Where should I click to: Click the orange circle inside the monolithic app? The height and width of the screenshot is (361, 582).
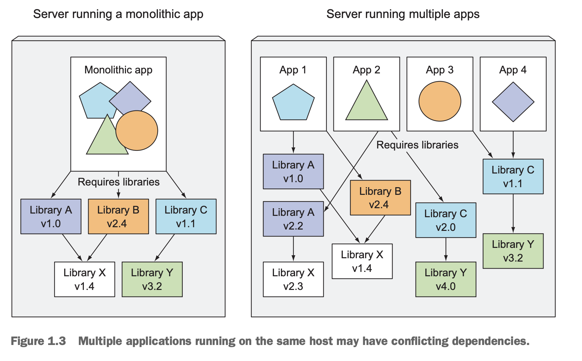point(137,130)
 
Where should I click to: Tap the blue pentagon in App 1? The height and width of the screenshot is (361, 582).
point(293,102)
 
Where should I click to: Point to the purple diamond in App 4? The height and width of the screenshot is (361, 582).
point(513,102)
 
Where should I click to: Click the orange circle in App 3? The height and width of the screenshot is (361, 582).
point(440,101)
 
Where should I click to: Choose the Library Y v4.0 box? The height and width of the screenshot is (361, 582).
point(446,279)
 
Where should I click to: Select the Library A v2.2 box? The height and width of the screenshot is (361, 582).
point(293,219)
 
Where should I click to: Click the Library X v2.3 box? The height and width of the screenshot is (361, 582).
point(293,279)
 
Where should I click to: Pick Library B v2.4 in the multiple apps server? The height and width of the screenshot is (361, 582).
point(380,198)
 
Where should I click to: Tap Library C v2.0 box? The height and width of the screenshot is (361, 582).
point(446,220)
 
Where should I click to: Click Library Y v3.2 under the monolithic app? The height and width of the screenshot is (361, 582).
point(152,279)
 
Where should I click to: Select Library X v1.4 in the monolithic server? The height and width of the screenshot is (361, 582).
point(85,279)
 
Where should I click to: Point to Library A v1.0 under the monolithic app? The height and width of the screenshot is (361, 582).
point(51,217)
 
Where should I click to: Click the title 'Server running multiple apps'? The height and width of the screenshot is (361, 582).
point(403,14)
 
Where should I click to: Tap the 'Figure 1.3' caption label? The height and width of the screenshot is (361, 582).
point(38,341)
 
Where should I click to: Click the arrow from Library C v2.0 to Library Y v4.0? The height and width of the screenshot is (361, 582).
point(446,250)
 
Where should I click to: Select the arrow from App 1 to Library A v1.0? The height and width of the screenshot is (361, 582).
point(293,142)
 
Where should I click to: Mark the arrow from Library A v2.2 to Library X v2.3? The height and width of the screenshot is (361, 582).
point(293,249)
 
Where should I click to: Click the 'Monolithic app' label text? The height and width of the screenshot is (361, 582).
point(118,70)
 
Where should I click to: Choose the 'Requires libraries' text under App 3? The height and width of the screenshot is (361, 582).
point(417,145)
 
